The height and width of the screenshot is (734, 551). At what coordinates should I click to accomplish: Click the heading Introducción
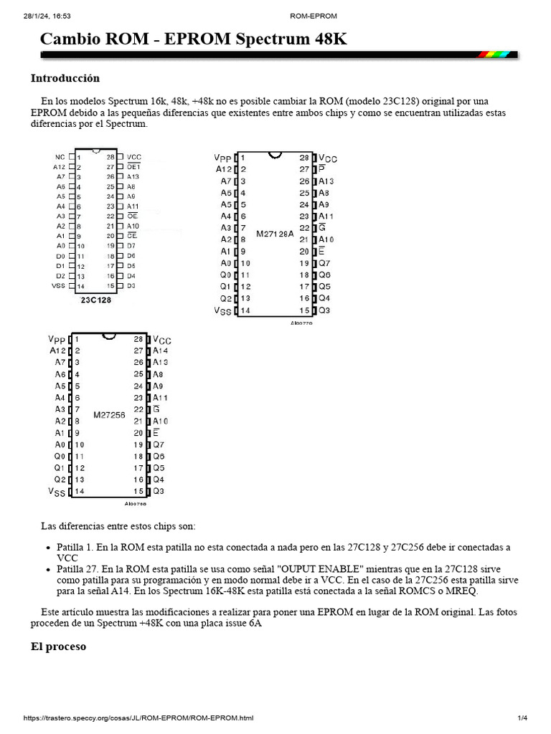click(65, 78)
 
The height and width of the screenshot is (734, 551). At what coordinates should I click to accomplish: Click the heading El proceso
click(57, 646)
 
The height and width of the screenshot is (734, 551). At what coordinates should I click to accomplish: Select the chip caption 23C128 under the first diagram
click(95, 300)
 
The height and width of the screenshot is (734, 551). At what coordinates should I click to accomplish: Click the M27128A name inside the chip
click(275, 234)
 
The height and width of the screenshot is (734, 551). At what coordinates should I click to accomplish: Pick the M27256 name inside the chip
click(109, 415)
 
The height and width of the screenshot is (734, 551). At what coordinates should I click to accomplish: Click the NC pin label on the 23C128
click(60, 156)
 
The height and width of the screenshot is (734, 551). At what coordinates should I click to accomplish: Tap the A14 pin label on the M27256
click(161, 351)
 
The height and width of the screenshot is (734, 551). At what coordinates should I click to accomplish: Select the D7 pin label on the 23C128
click(131, 246)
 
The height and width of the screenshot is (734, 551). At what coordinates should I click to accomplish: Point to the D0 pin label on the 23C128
click(60, 256)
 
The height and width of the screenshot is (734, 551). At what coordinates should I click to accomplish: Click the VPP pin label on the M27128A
click(223, 158)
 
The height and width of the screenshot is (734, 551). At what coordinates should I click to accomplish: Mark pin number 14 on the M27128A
click(245, 310)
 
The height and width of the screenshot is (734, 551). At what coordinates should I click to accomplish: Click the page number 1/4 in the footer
click(522, 718)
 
